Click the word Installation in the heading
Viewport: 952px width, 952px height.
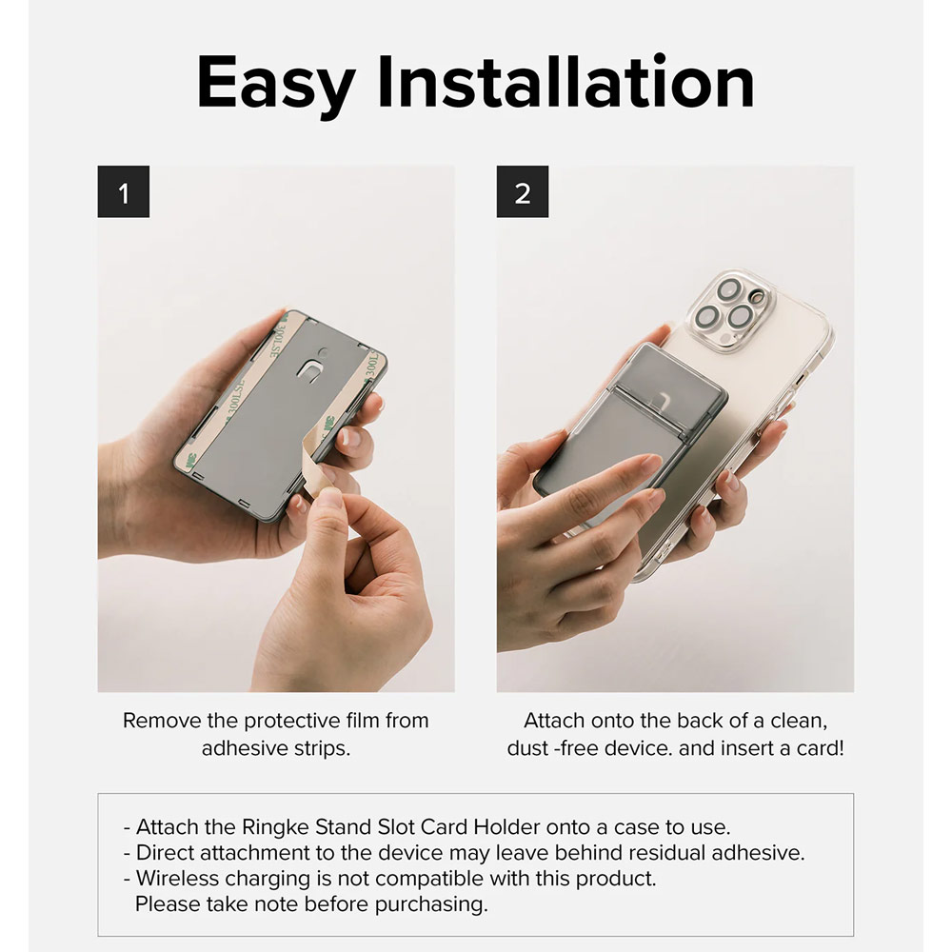[x=565, y=82]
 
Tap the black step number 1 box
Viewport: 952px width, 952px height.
[x=123, y=192]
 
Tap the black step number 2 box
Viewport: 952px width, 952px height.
[x=522, y=192]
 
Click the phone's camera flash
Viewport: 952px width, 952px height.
[x=757, y=296]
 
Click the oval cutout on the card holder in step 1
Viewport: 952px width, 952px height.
[x=309, y=369]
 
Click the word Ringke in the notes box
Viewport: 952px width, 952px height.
[x=275, y=827]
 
